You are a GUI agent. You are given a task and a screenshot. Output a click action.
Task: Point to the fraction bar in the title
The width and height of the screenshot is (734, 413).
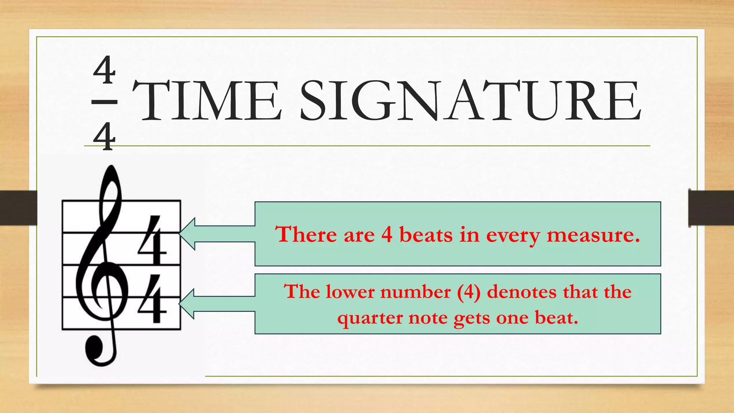coord(104,102)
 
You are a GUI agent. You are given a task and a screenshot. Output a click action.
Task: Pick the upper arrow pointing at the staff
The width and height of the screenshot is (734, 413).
coord(216,234)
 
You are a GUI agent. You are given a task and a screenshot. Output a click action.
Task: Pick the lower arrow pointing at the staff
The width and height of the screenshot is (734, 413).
coord(216,304)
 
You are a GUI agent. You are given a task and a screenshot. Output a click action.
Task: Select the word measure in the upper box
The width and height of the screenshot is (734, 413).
coord(593,235)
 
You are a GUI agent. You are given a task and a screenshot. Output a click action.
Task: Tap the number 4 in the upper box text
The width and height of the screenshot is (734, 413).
coord(387,235)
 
